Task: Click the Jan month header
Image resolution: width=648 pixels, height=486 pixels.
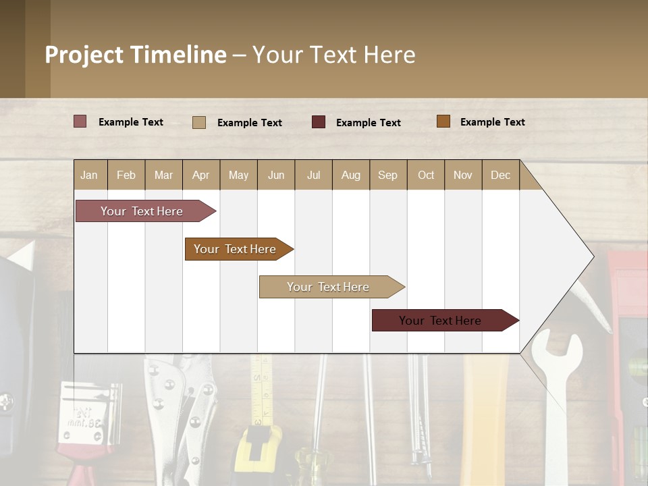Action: [x=89, y=175]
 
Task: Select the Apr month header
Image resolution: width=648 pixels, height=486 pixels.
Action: [x=200, y=175]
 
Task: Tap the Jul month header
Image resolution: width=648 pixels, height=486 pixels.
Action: [x=313, y=175]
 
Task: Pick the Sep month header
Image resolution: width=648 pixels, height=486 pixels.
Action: [x=387, y=175]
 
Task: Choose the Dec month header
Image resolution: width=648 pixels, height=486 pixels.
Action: [x=500, y=175]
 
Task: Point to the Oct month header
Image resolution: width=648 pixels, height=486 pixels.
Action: [x=425, y=175]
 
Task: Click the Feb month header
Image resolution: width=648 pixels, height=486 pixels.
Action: [x=126, y=175]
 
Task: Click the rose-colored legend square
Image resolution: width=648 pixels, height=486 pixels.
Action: [x=80, y=122]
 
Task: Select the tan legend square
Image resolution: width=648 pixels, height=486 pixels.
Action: [x=198, y=122]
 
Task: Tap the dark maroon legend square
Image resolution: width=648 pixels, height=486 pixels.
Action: [x=318, y=122]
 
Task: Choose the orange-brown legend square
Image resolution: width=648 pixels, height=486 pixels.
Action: [x=443, y=122]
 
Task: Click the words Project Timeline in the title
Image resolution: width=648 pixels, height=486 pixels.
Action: [x=136, y=55]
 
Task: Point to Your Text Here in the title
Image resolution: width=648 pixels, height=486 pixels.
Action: [x=333, y=55]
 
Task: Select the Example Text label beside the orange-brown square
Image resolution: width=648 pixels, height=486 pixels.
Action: [x=492, y=122]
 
